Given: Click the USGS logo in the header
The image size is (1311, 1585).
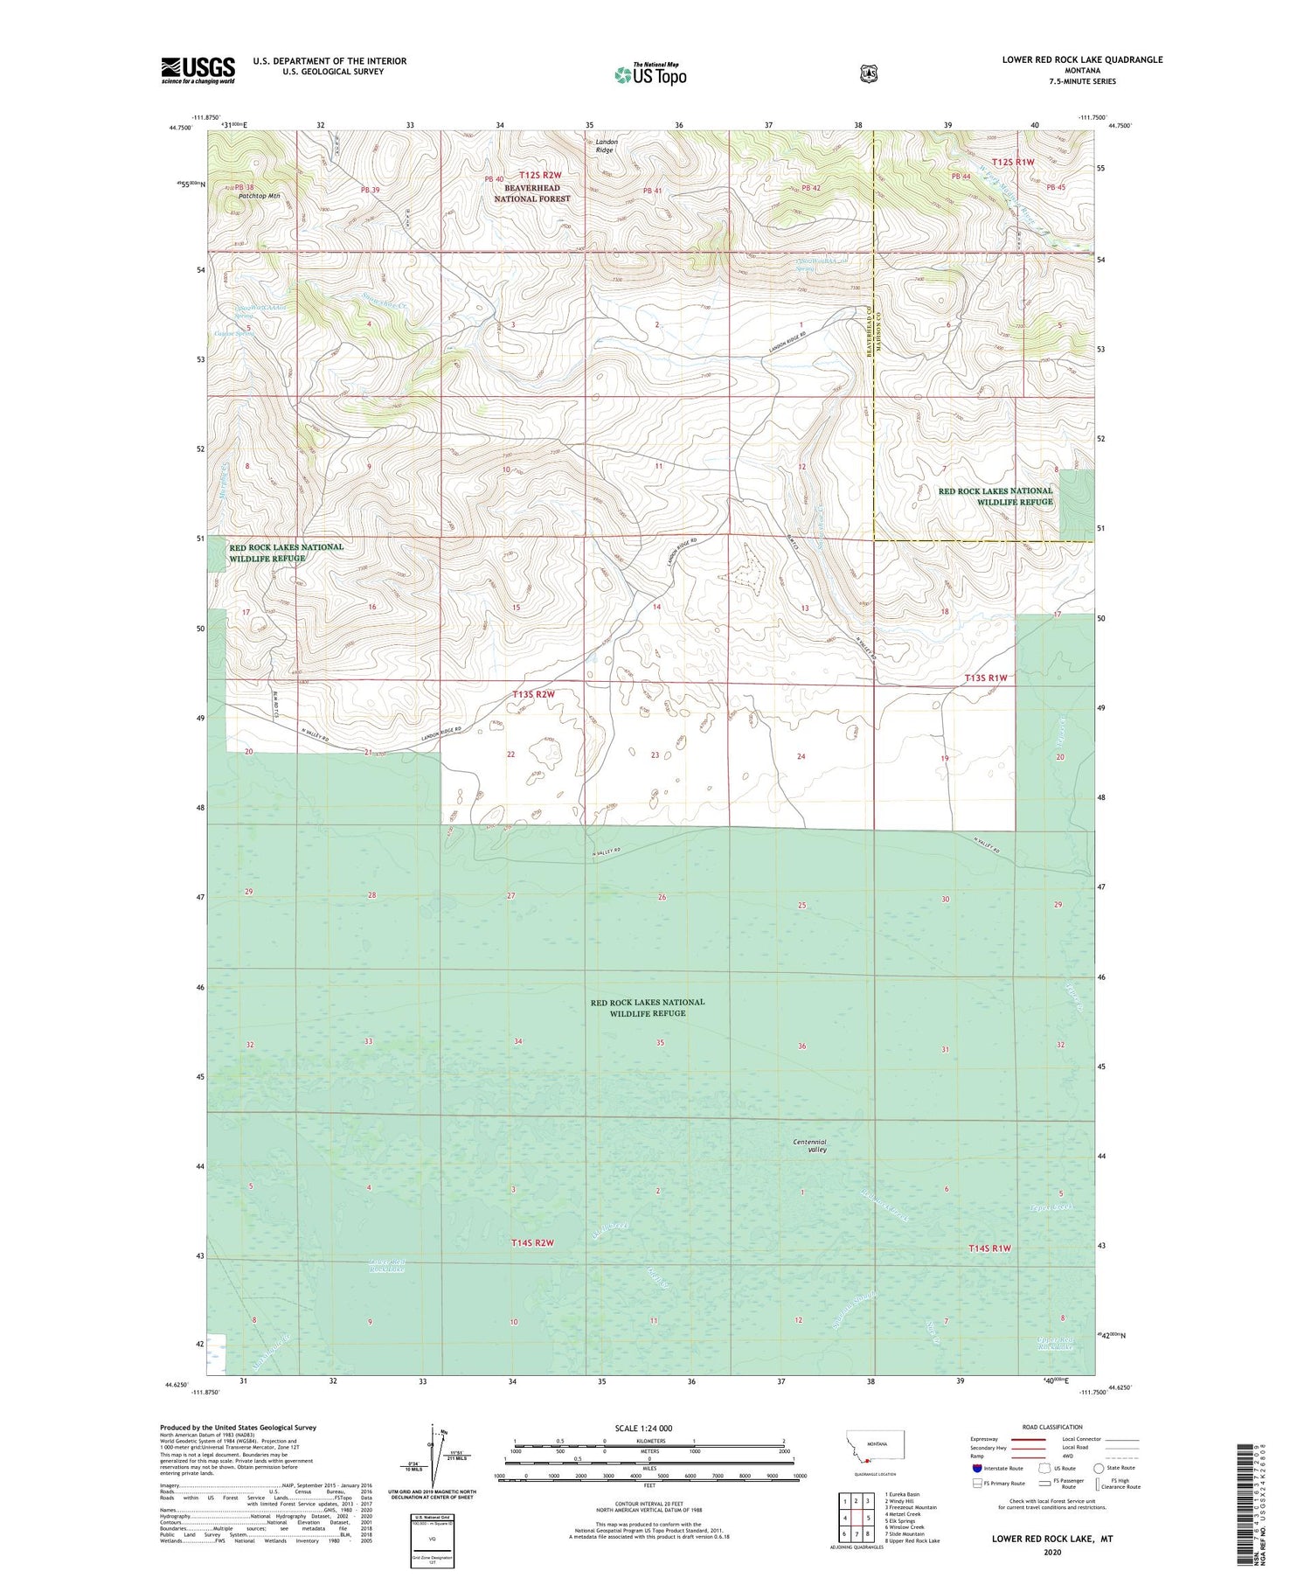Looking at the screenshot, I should coord(198,70).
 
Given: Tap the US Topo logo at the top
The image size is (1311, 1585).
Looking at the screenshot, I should coord(650,74).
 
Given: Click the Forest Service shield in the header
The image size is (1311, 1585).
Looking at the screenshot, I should coord(868,74).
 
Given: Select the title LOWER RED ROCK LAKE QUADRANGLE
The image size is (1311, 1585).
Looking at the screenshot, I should coord(1082,59).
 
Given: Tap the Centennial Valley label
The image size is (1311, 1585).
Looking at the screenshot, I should coord(809,1145).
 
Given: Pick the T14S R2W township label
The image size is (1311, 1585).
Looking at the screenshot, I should coord(532,1242).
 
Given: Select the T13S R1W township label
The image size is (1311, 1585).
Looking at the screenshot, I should coord(986,678).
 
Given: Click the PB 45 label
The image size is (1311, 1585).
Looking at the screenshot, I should coord(1056,187).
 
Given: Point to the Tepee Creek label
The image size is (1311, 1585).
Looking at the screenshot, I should coord(1049,1207).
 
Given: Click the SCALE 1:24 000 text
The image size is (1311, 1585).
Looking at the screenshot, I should coord(643,1428).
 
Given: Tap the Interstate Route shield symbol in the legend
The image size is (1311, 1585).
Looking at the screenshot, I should coord(976,1468).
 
